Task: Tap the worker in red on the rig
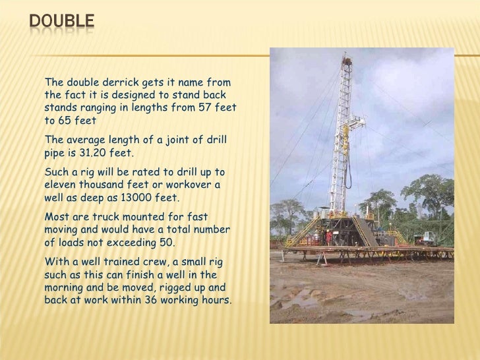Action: tap(328, 235)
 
